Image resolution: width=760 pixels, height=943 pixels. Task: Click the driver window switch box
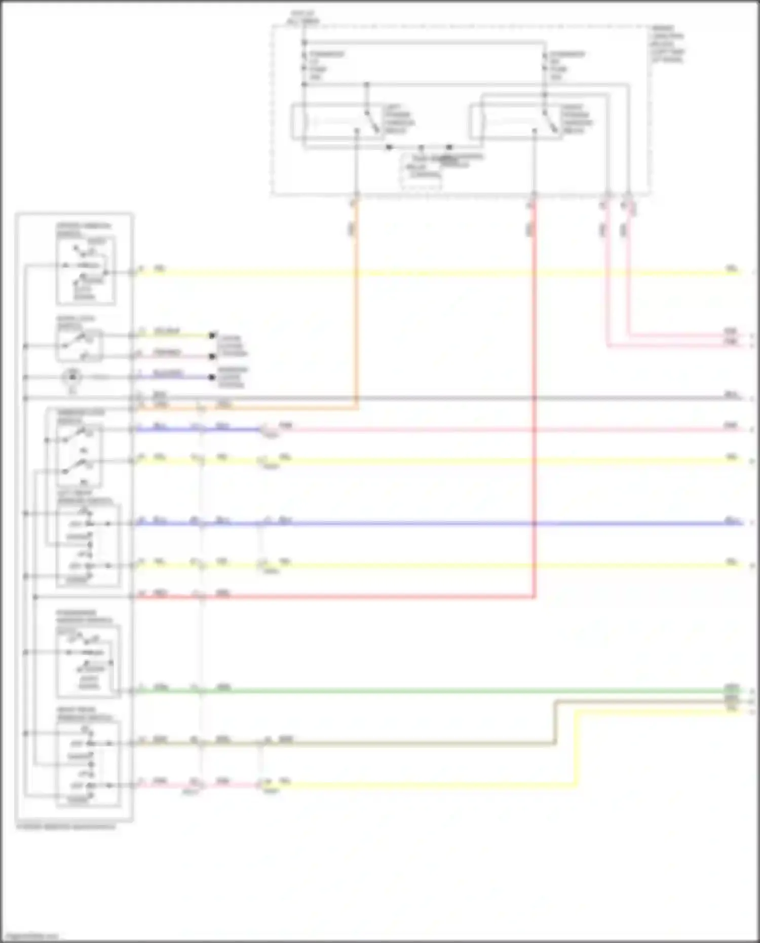(x=86, y=271)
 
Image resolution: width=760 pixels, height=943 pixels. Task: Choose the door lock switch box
(x=80, y=346)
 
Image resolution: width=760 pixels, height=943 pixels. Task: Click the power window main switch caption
(x=66, y=826)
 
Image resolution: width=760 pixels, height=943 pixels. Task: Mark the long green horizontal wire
(x=431, y=691)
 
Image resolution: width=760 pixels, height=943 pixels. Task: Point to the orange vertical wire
(x=357, y=304)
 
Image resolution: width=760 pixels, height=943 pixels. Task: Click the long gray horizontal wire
(x=431, y=398)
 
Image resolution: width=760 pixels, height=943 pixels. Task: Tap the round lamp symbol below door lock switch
(x=72, y=377)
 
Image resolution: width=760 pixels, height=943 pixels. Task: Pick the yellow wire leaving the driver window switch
(x=431, y=273)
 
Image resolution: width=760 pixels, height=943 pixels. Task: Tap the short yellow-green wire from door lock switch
(x=172, y=335)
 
